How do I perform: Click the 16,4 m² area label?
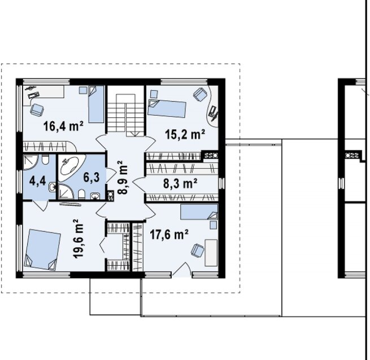coord(63,126)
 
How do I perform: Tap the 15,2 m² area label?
coord(185,135)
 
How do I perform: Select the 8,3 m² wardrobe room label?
coord(180,183)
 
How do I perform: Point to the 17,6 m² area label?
coord(169,235)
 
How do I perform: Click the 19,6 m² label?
coord(79,239)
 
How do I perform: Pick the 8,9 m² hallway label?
coord(123,177)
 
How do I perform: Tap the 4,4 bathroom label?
coord(37,181)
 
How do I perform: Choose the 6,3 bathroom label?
coord(92,177)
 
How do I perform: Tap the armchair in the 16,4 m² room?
coord(37,110)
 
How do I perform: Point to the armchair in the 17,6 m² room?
coord(197,251)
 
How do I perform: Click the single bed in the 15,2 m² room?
coord(167,108)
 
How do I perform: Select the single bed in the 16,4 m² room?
coord(96,104)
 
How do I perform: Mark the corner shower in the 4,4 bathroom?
coord(31,162)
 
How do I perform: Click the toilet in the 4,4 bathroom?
coord(45,159)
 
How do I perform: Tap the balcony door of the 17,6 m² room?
coord(182,269)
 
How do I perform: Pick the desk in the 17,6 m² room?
coord(211,253)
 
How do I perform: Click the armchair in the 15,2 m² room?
coord(200,94)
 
